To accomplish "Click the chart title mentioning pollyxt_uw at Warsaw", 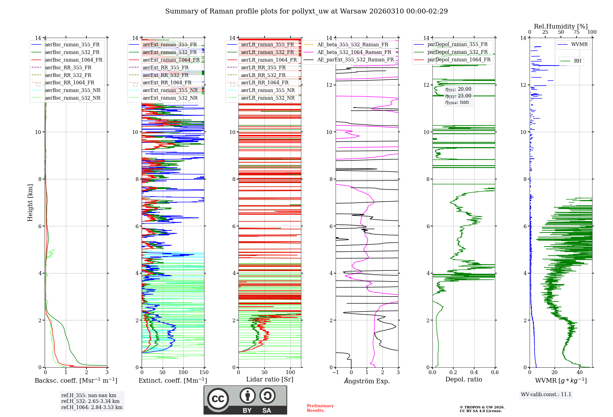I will (x=306, y=11).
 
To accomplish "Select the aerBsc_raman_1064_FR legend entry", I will (x=74, y=60).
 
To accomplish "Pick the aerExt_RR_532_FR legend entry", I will (x=166, y=75).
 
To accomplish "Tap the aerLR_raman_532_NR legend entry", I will (x=268, y=98).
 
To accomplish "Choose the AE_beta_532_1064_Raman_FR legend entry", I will (x=354, y=52).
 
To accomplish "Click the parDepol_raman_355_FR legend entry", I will (x=457, y=44).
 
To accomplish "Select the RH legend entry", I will (x=577, y=61).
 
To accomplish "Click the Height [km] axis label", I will (x=30, y=203).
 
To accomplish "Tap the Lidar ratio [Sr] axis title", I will (x=270, y=379).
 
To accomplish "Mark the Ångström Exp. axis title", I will (x=367, y=381).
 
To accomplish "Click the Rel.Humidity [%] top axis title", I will (x=561, y=26).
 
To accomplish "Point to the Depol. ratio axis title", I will (x=463, y=379).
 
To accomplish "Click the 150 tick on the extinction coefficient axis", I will (x=204, y=373).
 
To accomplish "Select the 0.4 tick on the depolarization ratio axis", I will (x=474, y=373).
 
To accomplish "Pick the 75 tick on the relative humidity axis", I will (x=577, y=32).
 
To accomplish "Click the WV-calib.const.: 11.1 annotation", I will (x=546, y=394).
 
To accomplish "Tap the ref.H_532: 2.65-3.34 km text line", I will (x=90, y=401).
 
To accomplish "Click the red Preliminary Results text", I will (x=320, y=408).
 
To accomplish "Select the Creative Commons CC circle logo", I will (x=218, y=399).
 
